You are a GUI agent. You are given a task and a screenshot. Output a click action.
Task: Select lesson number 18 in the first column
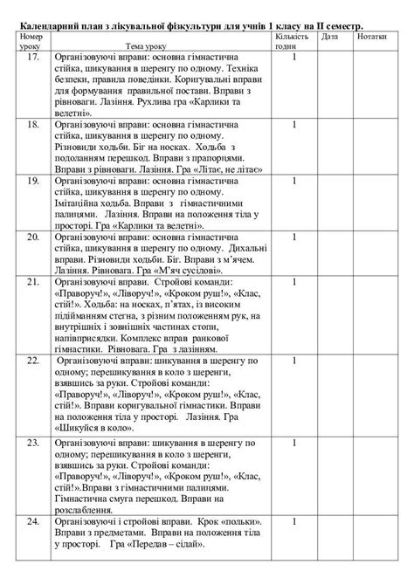click(32, 126)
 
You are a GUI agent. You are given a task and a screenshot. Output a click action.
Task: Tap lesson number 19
click(32, 182)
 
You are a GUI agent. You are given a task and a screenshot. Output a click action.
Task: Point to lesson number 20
click(32, 237)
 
